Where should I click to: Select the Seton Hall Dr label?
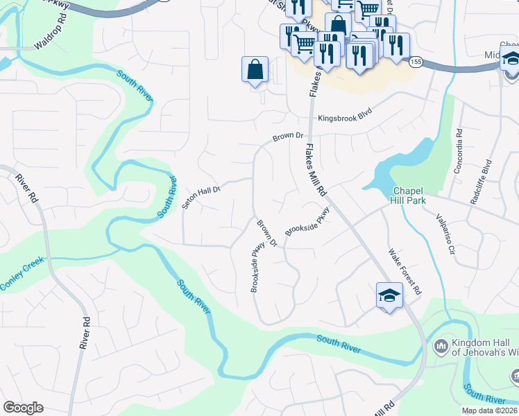tap(201, 197)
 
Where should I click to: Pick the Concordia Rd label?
tap(459, 150)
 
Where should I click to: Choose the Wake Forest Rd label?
tap(405, 272)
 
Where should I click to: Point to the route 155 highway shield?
tap(416, 62)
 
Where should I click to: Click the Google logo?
tap(23, 408)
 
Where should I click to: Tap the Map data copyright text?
tap(490, 410)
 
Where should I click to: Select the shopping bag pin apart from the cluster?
tap(255, 69)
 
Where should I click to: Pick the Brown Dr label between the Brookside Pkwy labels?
tap(267, 234)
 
